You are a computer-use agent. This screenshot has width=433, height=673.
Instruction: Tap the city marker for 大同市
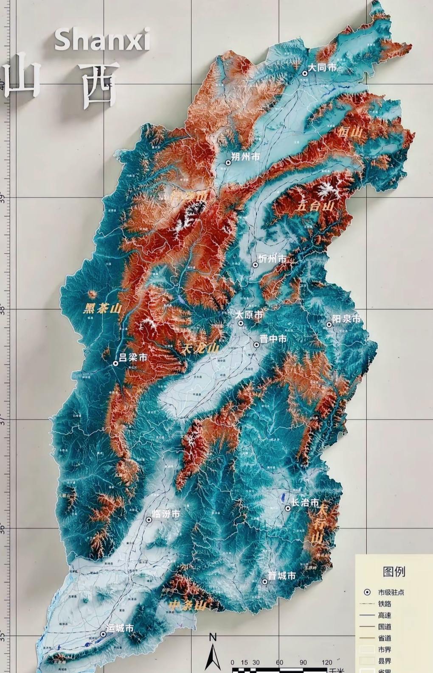coord(305,73)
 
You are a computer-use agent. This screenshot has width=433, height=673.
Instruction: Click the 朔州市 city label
coord(246,157)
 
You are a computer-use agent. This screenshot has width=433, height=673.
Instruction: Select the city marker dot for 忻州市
coord(256,265)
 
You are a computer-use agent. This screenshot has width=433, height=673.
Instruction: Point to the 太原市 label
coord(250,315)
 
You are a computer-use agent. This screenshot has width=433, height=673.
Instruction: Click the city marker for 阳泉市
coord(329,325)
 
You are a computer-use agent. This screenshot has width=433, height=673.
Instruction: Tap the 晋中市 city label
coord(273,339)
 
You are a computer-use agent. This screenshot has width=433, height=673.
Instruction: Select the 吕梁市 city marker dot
coord(115,363)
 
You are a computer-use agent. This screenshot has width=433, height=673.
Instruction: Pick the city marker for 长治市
coord(288,508)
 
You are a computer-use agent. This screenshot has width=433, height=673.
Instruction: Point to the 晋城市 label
coord(282,576)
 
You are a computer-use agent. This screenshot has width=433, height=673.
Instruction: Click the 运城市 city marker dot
coord(103,634)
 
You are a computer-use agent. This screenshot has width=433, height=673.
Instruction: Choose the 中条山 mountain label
coord(187,606)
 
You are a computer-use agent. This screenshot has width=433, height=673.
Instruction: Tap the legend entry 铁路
coord(384,603)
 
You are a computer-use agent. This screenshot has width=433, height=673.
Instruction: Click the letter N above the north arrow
coord(213,637)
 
